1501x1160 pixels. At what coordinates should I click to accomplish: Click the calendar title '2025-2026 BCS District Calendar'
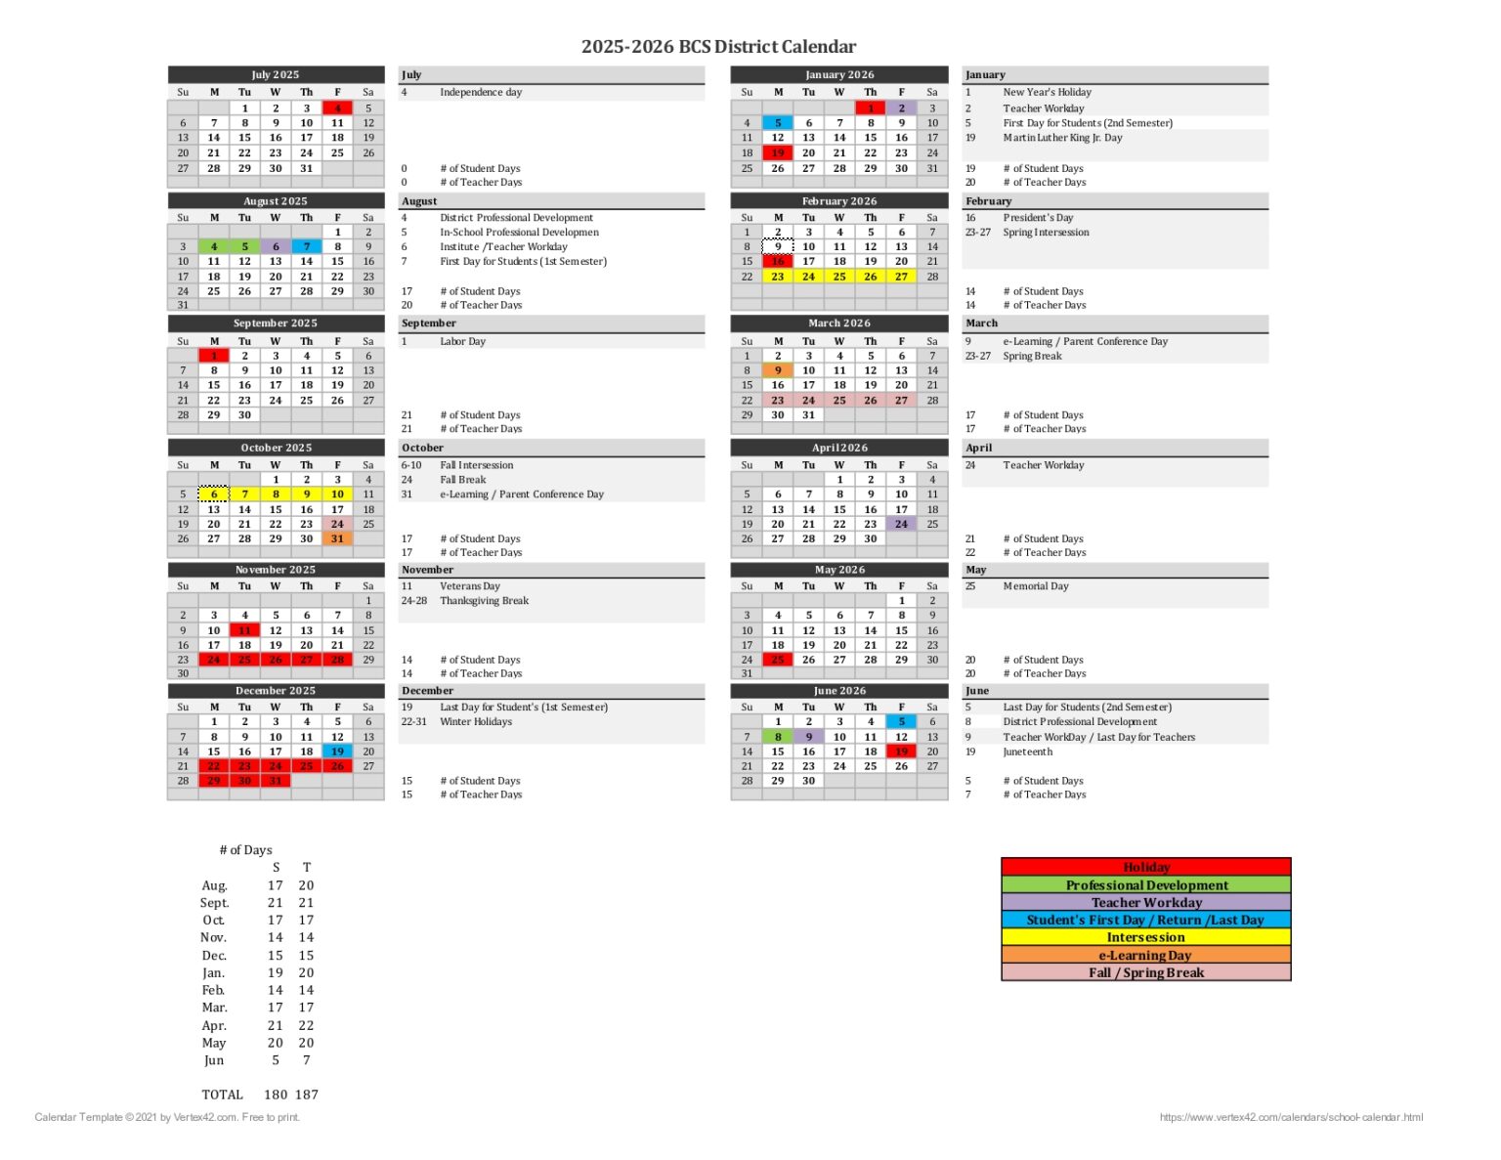pos(718,47)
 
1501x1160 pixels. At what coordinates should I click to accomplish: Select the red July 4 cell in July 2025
pos(337,108)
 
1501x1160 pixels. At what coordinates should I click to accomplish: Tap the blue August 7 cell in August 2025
pos(307,247)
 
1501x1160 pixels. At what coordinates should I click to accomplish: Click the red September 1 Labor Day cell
pos(214,356)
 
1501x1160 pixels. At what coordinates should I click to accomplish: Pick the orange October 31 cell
pos(337,538)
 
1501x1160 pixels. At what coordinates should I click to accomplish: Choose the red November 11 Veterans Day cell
pos(244,630)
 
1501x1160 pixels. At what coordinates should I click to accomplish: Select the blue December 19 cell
pos(337,752)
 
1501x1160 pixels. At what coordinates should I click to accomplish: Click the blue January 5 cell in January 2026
pos(778,123)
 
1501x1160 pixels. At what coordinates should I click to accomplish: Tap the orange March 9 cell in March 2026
pos(778,370)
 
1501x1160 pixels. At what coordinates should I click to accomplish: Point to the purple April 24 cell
pos(901,524)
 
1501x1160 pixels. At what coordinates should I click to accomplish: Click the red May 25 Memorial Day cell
pos(778,660)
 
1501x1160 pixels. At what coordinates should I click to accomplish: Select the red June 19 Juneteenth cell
pos(901,752)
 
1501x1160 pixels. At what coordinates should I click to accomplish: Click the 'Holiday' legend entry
pos(1146,867)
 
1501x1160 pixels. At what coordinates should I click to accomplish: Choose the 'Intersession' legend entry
pos(1146,937)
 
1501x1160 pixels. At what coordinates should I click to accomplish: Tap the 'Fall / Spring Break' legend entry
pos(1146,972)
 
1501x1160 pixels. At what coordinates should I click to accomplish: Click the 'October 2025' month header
pos(276,448)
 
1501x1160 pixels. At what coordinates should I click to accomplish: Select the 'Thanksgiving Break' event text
pos(484,601)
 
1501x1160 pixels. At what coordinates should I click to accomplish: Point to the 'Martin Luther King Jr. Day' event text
pos(1062,138)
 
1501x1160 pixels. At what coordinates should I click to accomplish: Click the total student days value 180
pos(276,1095)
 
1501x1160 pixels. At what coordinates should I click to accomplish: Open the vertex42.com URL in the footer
pos(1291,1117)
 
